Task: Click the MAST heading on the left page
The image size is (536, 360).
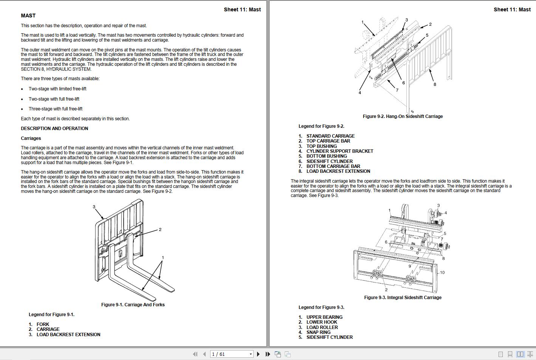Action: pyautogui.click(x=28, y=16)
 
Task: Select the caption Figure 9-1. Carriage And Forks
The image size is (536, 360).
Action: pyautogui.click(x=133, y=305)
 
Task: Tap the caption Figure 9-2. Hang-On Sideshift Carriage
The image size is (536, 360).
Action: pyautogui.click(x=403, y=116)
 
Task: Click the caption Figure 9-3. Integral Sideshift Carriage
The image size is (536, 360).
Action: pyautogui.click(x=403, y=298)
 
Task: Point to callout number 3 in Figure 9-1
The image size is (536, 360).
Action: pyautogui.click(x=94, y=207)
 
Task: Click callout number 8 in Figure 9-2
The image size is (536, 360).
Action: pyautogui.click(x=435, y=84)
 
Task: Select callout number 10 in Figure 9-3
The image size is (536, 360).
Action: pyautogui.click(x=442, y=272)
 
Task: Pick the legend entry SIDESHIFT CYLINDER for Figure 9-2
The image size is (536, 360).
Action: pyautogui.click(x=329, y=161)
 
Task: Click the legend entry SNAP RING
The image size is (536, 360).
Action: pyautogui.click(x=318, y=332)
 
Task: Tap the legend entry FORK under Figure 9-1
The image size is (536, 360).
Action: pyautogui.click(x=43, y=324)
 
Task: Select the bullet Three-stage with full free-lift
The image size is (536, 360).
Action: pyautogui.click(x=56, y=109)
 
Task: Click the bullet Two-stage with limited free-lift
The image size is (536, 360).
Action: pyautogui.click(x=57, y=89)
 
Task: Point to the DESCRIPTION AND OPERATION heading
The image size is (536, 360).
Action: pyautogui.click(x=54, y=129)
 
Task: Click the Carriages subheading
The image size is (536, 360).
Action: pyautogui.click(x=31, y=138)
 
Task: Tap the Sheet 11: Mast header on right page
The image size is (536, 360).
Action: pyautogui.click(x=512, y=9)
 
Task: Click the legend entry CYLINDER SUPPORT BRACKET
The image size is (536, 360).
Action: pyautogui.click(x=339, y=151)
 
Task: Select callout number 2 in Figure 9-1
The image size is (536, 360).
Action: pyautogui.click(x=160, y=230)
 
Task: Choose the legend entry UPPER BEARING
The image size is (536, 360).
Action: pyautogui.click(x=324, y=317)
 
